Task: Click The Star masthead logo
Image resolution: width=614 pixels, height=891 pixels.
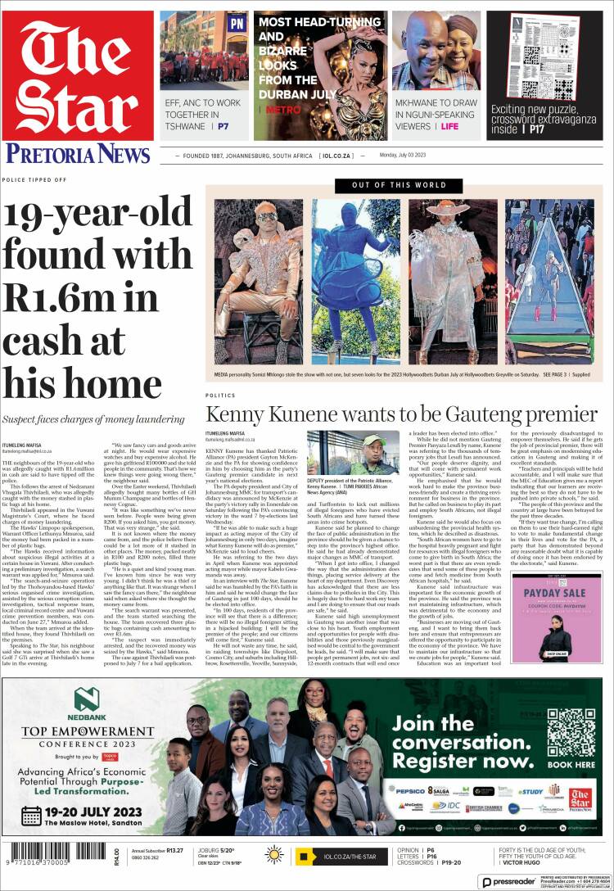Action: tap(79, 79)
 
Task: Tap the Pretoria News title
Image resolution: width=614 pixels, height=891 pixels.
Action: tap(79, 153)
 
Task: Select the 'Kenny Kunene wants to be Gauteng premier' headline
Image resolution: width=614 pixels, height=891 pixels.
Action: tap(401, 413)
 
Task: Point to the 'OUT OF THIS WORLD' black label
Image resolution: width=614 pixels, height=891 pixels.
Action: tap(400, 186)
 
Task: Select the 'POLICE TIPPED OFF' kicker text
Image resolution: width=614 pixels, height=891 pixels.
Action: tap(34, 179)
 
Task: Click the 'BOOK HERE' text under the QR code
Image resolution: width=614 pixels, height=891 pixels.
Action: tap(571, 765)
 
